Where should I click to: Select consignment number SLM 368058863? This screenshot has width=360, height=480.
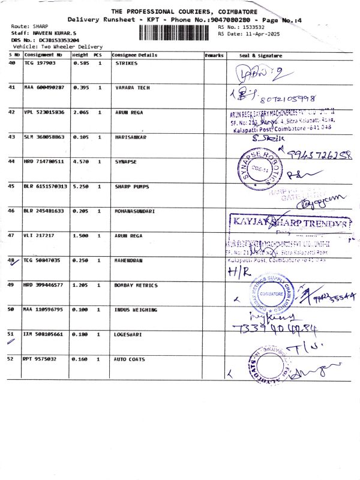44,137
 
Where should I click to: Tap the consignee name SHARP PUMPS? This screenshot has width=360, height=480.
133,187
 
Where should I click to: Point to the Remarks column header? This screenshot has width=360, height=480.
214,55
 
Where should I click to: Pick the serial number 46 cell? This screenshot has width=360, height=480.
13,211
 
